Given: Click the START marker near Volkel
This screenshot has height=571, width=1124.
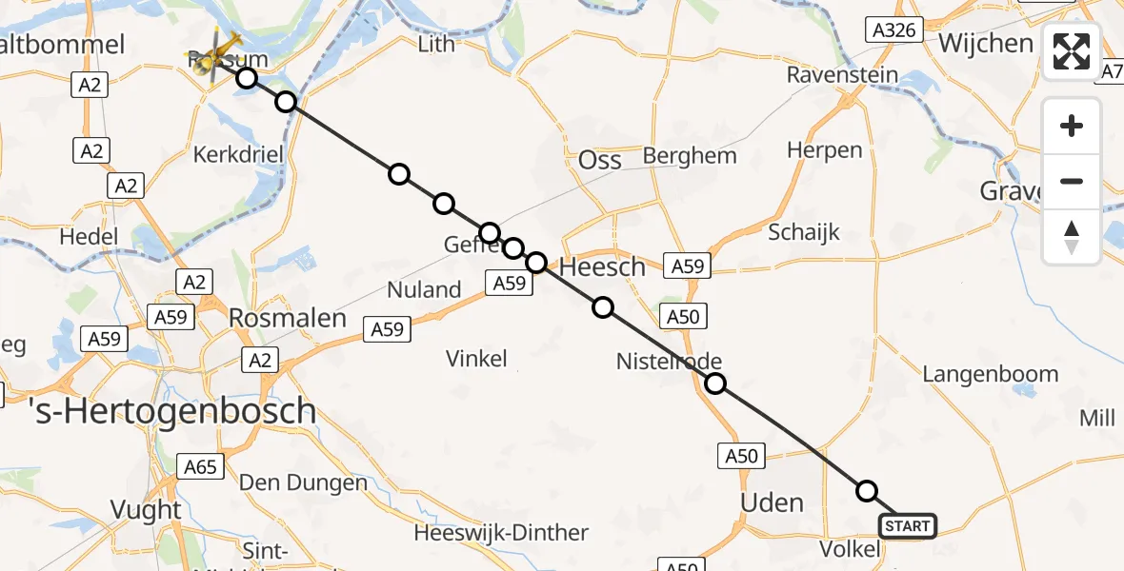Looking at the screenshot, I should click(x=908, y=526).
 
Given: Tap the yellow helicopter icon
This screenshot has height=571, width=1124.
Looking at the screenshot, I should click(x=217, y=49).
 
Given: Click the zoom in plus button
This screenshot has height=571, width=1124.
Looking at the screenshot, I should click(x=1072, y=126).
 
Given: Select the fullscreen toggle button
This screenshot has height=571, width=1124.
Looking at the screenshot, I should click(x=1072, y=51).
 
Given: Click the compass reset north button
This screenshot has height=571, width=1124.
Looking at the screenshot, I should click(x=1072, y=237).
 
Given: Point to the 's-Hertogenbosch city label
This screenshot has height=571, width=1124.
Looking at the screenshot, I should click(x=158, y=411).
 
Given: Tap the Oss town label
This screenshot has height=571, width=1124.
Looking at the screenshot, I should click(x=600, y=160).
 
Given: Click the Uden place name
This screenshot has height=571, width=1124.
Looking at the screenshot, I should click(x=772, y=502).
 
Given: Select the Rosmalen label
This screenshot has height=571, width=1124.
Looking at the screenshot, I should click(x=288, y=318).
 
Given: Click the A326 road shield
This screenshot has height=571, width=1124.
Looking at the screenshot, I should click(x=895, y=30).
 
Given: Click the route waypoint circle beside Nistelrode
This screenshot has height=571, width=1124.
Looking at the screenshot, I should click(x=715, y=384).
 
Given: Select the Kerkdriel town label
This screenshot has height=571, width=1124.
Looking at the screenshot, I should click(x=233, y=154).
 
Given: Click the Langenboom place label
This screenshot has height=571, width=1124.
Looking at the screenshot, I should click(x=990, y=375).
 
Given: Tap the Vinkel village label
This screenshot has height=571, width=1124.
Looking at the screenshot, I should click(x=477, y=359).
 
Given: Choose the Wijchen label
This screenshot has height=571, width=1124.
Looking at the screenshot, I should click(x=986, y=44).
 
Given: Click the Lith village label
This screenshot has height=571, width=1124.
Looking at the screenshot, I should click(x=437, y=43).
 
